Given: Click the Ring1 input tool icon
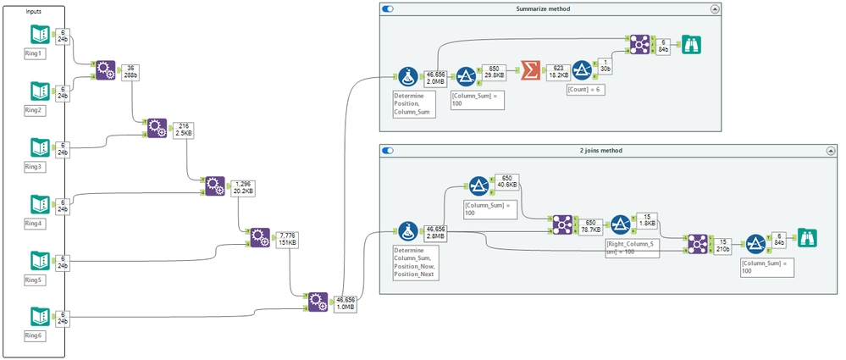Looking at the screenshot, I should point(39,35).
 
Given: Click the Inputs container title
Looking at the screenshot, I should point(33,11).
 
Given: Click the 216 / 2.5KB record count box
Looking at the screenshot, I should point(184,131).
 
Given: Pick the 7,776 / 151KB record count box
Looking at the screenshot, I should point(288,241).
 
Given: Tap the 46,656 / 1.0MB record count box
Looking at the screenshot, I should point(346,303).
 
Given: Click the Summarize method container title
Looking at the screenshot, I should point(543,8).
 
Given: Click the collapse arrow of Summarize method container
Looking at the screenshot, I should point(715,8).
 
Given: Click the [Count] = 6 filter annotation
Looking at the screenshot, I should point(586,90).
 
